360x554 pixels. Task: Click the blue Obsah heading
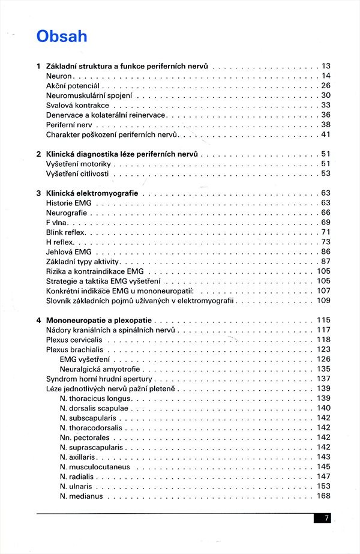click(62, 36)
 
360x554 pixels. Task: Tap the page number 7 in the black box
click(326, 518)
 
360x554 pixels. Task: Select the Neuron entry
click(59, 76)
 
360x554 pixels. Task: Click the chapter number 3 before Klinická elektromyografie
click(38, 193)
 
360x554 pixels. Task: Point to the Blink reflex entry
click(66, 232)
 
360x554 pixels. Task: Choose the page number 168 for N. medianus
click(323, 496)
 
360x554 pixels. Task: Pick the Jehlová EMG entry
click(69, 251)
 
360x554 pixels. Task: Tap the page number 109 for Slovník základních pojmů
click(323, 300)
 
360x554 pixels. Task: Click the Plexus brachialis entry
click(74, 349)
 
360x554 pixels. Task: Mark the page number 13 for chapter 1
click(326, 66)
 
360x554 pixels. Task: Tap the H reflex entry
click(60, 242)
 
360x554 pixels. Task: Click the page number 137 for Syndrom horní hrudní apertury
click(323, 379)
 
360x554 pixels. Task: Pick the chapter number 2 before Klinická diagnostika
click(38, 154)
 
